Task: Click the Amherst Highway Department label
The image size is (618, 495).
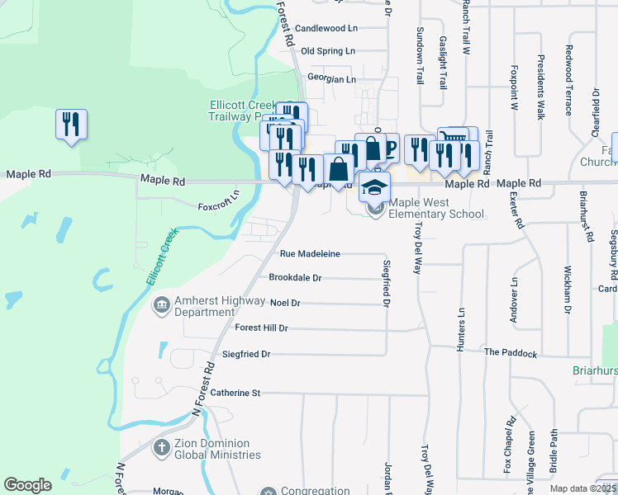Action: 205,306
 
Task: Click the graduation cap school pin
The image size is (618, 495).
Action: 374,186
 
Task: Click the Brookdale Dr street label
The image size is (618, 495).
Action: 295,278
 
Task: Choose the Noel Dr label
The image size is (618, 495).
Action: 285,304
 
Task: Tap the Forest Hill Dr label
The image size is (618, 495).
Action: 261,328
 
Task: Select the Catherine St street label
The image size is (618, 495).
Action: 235,393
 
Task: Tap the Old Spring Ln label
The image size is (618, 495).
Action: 328,51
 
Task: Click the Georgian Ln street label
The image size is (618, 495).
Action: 331,79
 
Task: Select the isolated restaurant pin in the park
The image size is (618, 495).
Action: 70,125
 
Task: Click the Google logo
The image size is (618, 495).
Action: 28,485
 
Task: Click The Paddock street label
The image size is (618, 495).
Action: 511,353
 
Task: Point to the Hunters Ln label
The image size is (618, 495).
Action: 461,331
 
